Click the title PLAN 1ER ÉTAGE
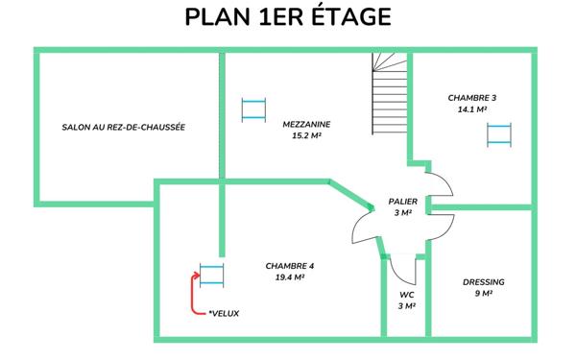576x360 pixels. coord(288,17)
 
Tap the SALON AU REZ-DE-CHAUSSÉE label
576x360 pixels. coord(123,127)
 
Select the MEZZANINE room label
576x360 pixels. coord(307,124)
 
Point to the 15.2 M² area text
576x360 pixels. coord(307,136)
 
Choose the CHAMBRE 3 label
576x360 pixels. coord(471,98)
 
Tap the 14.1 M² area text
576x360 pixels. coord(471,110)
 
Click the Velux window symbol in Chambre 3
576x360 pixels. coord(497,134)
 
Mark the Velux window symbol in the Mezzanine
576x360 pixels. coord(253,108)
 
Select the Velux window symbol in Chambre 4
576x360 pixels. coord(211,274)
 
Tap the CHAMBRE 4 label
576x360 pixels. coord(290,265)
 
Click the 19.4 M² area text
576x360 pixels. coord(290,277)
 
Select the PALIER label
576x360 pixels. coord(402,202)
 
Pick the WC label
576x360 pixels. coord(406,294)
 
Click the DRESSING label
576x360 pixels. coord(483,282)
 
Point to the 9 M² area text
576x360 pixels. coord(483,295)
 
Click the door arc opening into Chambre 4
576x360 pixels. coord(361,228)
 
